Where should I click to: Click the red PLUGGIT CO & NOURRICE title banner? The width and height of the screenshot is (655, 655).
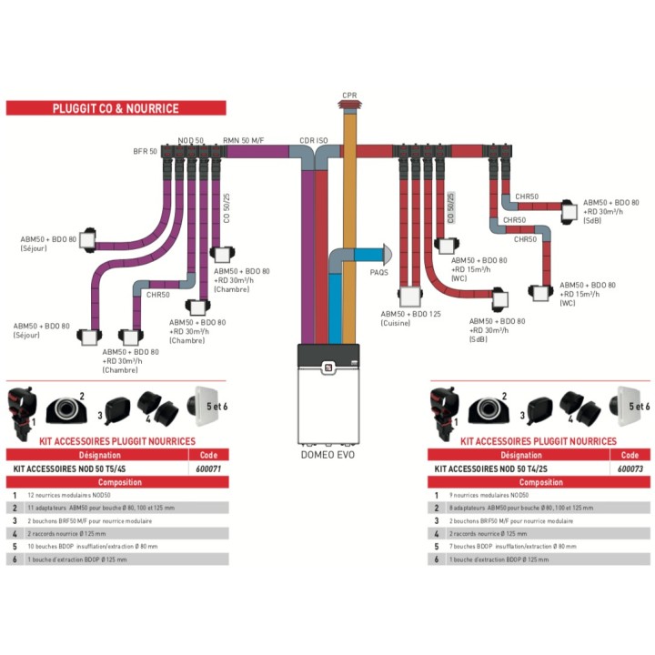tap(115, 108)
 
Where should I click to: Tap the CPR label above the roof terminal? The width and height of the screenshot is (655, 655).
tap(349, 96)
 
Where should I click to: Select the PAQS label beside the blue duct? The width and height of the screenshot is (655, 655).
tap(379, 271)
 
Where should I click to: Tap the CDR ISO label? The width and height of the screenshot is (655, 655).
tap(313, 141)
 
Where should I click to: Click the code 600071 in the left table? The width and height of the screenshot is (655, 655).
tap(208, 469)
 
